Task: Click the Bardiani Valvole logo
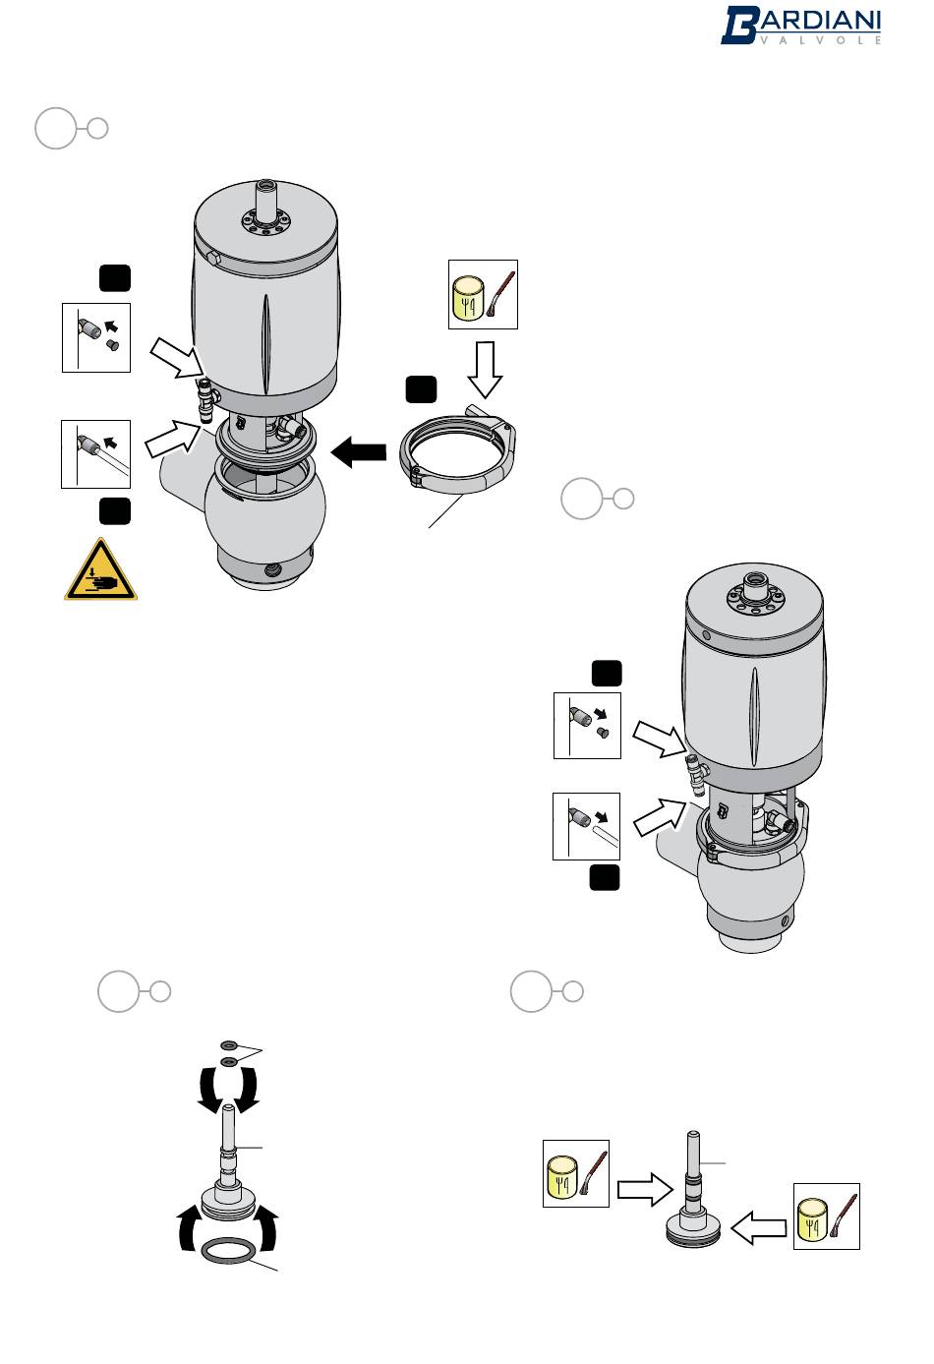click(801, 26)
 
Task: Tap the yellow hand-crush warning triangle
click(101, 570)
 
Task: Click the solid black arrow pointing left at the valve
click(360, 453)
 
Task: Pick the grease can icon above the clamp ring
click(483, 294)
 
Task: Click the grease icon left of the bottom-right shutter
click(577, 1173)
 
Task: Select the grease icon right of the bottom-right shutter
click(827, 1216)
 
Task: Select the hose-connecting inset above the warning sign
click(96, 453)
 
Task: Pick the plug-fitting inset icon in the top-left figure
click(96, 337)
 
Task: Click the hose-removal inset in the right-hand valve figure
click(587, 826)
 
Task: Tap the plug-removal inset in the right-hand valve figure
click(587, 726)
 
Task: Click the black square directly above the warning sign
click(114, 510)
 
